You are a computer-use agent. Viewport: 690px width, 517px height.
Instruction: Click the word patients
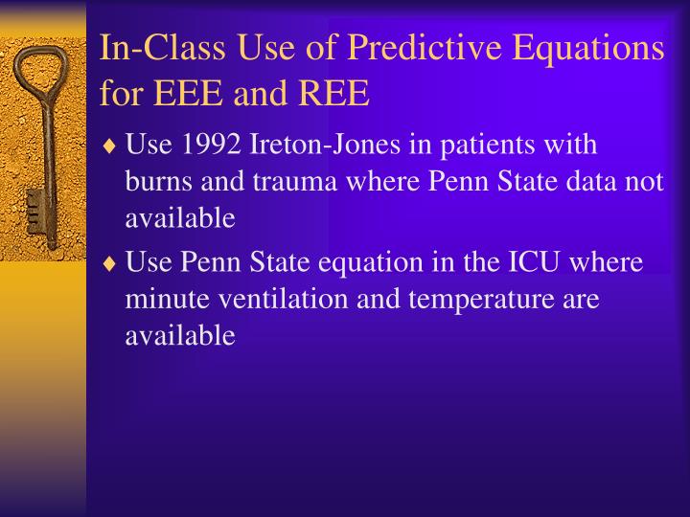tap(479, 146)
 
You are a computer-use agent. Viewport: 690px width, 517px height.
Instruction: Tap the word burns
tap(156, 182)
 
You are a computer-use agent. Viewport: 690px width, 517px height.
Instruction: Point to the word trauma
tap(284, 182)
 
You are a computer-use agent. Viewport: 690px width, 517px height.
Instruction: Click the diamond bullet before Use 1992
tap(111, 146)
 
